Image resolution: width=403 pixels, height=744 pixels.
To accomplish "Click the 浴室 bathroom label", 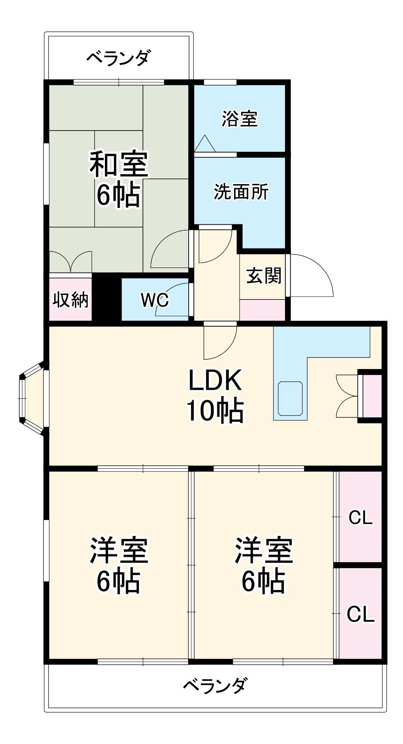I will click(240, 119).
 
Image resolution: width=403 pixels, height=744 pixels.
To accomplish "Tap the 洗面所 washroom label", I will click(241, 192).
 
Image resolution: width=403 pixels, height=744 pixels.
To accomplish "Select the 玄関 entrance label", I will click(264, 276).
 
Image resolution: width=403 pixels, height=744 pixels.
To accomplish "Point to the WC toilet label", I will click(155, 299).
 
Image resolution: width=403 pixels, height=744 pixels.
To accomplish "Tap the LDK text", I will click(215, 380).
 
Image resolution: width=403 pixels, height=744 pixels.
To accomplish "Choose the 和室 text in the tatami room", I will click(119, 164).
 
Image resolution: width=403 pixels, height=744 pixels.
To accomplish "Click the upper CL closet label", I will click(360, 517).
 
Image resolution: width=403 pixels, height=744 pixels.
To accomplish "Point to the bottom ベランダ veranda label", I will click(215, 685).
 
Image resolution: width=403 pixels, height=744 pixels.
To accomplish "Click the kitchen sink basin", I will click(290, 398).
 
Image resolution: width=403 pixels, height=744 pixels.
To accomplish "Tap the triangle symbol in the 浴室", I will click(205, 144).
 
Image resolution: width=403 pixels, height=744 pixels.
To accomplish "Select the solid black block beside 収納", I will click(106, 297).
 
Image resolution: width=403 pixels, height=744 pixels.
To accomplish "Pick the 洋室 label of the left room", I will click(119, 551).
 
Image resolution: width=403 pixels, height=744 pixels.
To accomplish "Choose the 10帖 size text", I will click(215, 411).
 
